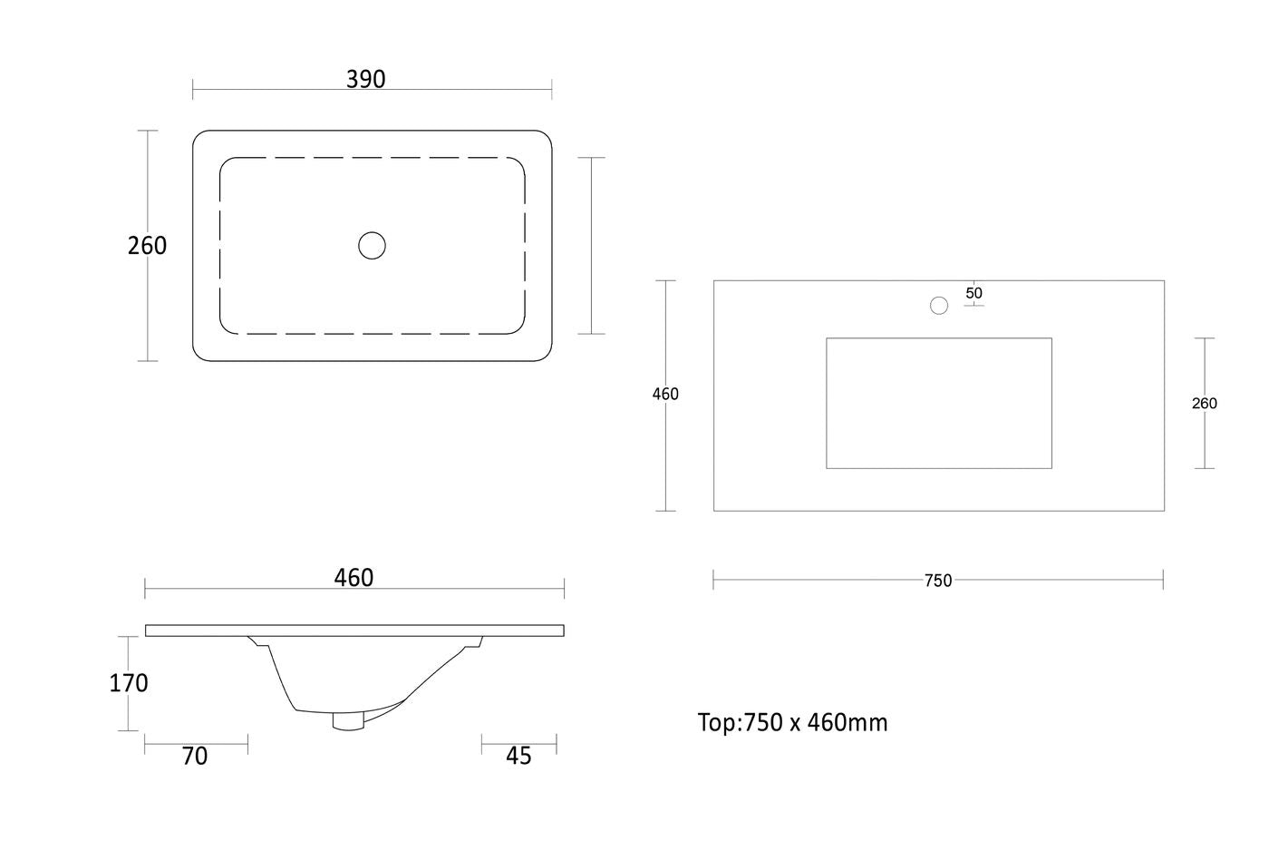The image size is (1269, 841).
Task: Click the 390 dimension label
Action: [x=366, y=80]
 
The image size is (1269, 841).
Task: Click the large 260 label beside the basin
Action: [x=147, y=246]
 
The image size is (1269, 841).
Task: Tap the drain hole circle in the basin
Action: [x=373, y=246]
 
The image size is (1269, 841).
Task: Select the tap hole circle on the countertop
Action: [x=939, y=305]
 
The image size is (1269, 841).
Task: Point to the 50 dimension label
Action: [x=974, y=293]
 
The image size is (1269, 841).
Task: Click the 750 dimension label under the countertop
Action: [x=938, y=581]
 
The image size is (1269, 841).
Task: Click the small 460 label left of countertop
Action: [x=665, y=394]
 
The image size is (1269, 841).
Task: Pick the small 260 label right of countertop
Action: [x=1204, y=403]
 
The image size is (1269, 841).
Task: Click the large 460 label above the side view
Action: [x=354, y=578]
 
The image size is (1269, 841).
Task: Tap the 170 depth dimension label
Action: [x=129, y=683]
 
